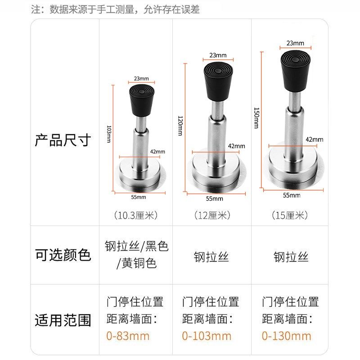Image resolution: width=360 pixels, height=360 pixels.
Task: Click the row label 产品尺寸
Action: pos(63,140)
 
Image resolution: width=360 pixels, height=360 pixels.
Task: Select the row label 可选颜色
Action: pos(63,255)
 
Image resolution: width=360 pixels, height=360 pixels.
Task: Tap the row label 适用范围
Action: pos(63,320)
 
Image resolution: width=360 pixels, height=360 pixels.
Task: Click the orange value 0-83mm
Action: pos(128,336)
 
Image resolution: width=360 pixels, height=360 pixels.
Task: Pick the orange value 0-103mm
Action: pos(207,336)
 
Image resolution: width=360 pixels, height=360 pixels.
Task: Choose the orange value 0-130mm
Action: pos(287,336)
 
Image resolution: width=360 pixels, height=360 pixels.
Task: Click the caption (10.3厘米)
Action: pos(135,215)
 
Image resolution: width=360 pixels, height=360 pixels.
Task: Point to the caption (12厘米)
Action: pos(212,215)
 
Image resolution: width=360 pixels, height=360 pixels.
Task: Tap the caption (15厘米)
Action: pos(290,215)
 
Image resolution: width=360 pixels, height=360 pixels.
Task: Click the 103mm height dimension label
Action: pos(109,134)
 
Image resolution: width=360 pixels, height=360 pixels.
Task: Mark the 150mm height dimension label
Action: pos(256,118)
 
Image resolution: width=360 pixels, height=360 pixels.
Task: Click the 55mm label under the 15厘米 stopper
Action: pos(292,195)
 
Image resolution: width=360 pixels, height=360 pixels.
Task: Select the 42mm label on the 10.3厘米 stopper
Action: pos(155,152)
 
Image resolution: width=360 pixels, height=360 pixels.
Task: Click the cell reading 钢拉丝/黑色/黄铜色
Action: pos(136,255)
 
